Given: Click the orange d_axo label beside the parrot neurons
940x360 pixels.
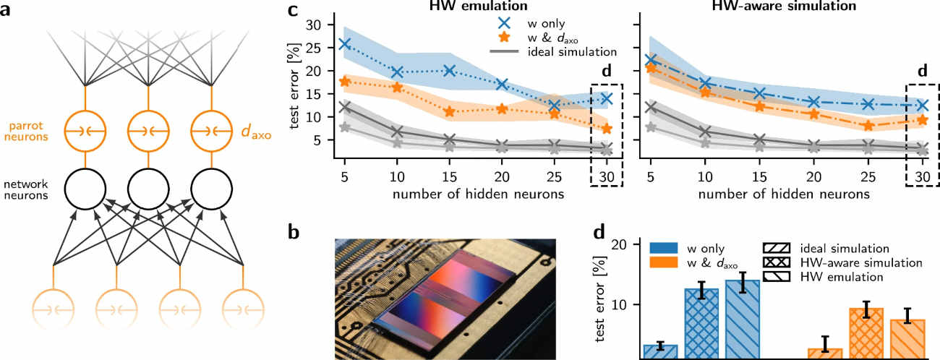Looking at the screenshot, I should pos(255,131).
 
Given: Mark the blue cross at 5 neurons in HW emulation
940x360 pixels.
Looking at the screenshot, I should pos(345,44).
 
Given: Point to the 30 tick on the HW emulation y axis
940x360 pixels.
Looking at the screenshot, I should pos(315,25).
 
